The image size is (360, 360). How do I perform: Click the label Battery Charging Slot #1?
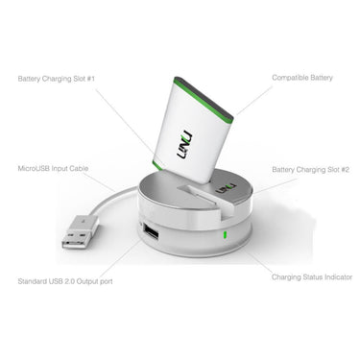pyautogui.click(x=57, y=79)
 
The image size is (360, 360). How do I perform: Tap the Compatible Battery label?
pyautogui.click(x=302, y=78)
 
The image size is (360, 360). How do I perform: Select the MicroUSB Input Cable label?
pyautogui.click(x=53, y=168)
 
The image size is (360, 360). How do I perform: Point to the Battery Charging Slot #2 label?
pyautogui.click(x=310, y=170)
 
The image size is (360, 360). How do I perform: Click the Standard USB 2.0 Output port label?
pyautogui.click(x=65, y=281)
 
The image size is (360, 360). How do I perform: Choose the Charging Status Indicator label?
pyautogui.click(x=312, y=277)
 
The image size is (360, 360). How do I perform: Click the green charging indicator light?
pyautogui.click(x=225, y=235)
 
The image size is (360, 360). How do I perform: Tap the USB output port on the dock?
pyautogui.click(x=151, y=233)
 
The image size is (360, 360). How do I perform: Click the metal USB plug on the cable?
pyautogui.click(x=80, y=232)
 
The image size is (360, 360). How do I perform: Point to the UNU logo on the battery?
pyautogui.click(x=184, y=145)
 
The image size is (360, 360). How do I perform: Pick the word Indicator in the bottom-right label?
pyautogui.click(x=338, y=277)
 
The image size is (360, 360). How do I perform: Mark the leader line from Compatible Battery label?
pyautogui.click(x=254, y=101)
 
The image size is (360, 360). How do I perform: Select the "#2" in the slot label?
pyautogui.click(x=345, y=170)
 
